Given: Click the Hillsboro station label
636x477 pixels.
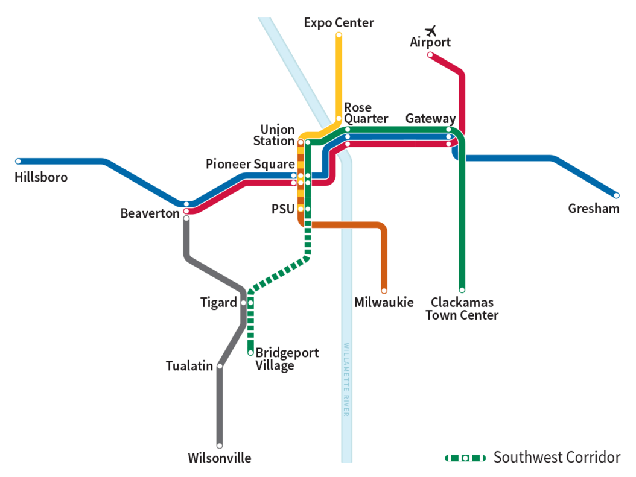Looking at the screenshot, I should tap(41, 177).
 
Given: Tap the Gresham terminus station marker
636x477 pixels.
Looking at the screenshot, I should tap(616, 195).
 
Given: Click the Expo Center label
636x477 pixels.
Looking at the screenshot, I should tap(339, 23).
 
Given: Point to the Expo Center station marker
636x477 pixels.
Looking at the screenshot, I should tap(339, 35).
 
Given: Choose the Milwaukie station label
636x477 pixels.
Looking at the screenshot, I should tap(384, 302).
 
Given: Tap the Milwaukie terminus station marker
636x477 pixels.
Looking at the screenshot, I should tap(384, 290).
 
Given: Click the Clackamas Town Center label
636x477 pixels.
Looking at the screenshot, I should tap(462, 308).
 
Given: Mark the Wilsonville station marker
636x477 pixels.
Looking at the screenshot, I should tap(220, 446).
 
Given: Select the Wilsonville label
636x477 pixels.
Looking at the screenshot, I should tap(219, 458).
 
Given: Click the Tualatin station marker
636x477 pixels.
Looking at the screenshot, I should tap(220, 366).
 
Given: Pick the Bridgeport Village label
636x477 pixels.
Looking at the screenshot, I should tap(287, 359).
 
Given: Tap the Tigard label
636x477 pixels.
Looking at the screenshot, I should tap(218, 302).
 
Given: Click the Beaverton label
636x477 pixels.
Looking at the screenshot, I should tap(150, 213).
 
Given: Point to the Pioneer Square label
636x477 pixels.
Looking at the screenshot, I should tap(250, 164).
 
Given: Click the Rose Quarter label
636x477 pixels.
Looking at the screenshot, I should tap(365, 113).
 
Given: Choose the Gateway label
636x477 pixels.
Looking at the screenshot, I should tap(430, 118).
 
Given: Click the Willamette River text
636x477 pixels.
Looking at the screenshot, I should tap(346, 380).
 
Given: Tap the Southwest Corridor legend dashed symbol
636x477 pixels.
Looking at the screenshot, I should tap(465, 458).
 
